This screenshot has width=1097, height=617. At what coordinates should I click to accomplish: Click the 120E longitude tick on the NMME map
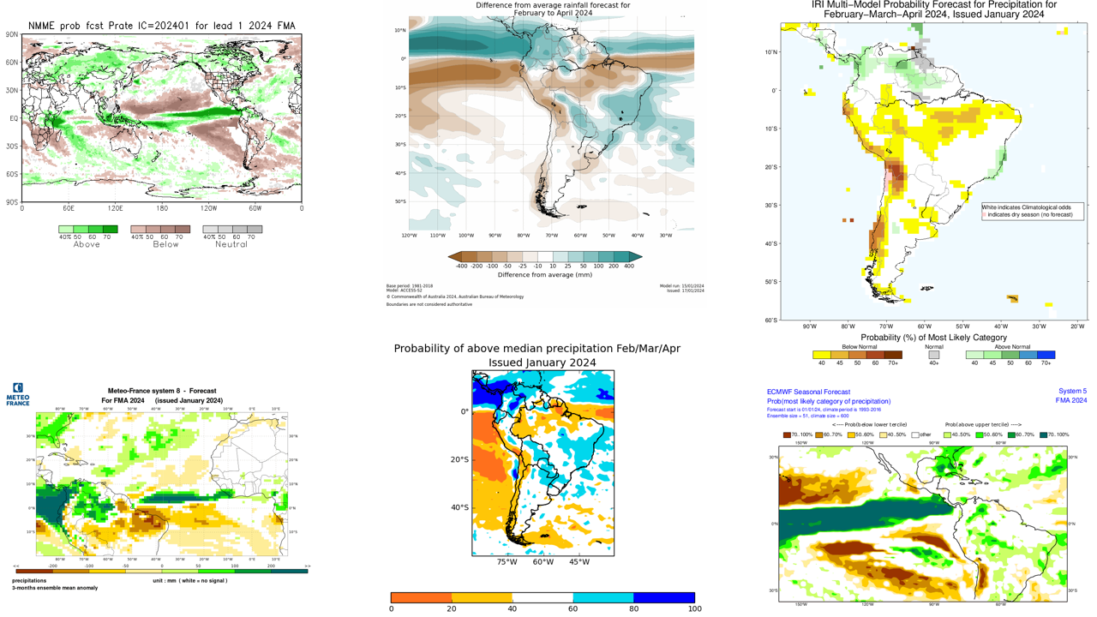[x=115, y=208]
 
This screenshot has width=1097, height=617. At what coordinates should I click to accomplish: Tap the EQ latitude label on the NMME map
[x=14, y=119]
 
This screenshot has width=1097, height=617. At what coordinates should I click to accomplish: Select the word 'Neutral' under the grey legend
[x=231, y=244]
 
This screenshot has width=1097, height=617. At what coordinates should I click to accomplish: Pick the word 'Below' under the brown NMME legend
[x=165, y=244]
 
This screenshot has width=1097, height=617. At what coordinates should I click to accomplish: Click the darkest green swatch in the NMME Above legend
[x=111, y=229]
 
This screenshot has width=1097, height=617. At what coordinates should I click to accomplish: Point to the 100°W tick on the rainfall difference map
[x=466, y=235]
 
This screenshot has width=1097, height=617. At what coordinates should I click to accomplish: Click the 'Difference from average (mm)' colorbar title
[x=545, y=275]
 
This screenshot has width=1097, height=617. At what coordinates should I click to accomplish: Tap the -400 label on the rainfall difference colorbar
[x=462, y=267]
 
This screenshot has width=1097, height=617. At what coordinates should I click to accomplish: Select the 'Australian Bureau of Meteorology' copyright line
[x=454, y=297]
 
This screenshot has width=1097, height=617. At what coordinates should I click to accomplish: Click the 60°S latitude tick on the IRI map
[x=770, y=320]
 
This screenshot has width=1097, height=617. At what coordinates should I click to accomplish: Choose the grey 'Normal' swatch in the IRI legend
[x=934, y=355]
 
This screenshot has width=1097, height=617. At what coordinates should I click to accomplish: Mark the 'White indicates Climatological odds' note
[x=1032, y=207]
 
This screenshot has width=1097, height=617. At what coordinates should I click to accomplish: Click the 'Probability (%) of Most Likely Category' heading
[x=933, y=338]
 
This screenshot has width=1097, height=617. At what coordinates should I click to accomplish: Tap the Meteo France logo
[x=18, y=394]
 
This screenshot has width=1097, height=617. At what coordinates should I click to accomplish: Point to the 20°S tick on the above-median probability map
[x=460, y=459]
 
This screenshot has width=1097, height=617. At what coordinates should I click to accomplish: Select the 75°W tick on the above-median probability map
[x=507, y=562]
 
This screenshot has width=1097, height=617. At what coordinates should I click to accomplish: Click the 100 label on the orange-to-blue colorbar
[x=694, y=608]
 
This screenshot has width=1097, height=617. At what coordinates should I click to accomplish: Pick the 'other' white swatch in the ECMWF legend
[x=915, y=434]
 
